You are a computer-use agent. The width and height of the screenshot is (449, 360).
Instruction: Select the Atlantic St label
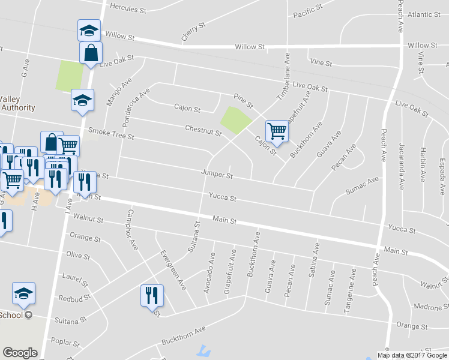[x=424, y=14]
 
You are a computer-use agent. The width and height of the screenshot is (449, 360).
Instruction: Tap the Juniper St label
[x=217, y=176]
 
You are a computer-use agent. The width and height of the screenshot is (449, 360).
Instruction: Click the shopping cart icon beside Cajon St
[x=276, y=130]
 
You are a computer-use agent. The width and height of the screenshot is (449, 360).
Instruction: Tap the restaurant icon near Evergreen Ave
[x=150, y=295]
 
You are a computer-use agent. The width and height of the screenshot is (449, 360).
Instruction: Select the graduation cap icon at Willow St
[x=89, y=31]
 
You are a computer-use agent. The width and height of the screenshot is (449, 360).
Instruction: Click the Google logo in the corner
[x=20, y=353]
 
